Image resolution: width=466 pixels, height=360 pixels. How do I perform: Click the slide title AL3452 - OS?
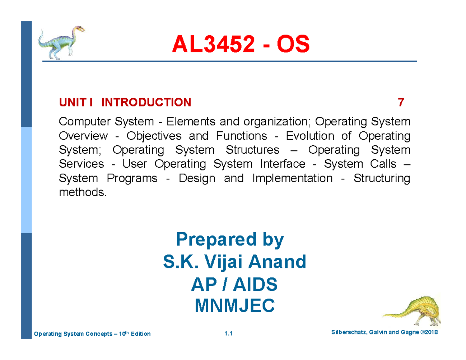click(241, 45)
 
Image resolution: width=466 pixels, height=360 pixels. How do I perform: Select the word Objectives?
click(154, 136)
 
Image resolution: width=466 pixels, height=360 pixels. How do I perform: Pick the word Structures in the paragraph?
click(252, 150)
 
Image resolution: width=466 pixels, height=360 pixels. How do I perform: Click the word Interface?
click(282, 164)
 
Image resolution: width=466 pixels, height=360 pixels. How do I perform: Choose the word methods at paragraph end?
click(82, 192)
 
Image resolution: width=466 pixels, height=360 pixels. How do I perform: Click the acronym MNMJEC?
click(234, 307)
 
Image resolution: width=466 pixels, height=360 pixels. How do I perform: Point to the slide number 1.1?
click(228, 334)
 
